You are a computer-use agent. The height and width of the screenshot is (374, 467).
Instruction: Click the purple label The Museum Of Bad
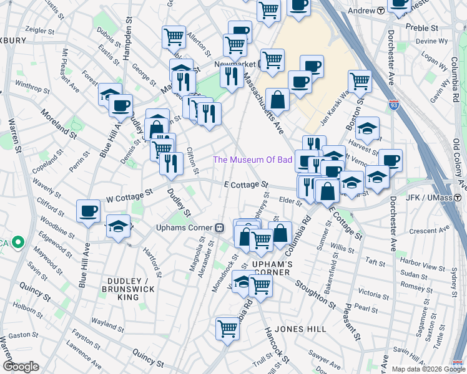pyautogui.click(x=253, y=160)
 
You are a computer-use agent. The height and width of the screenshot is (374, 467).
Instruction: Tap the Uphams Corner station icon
pyautogui.click(x=220, y=228)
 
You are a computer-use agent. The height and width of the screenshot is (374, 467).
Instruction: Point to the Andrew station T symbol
pyautogui.click(x=381, y=11)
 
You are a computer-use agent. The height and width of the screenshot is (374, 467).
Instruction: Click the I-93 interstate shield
pyautogui.click(x=394, y=105)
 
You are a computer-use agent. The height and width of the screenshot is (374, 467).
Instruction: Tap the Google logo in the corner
pyautogui.click(x=21, y=367)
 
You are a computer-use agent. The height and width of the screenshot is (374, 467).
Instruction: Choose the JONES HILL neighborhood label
pyautogui.click(x=298, y=328)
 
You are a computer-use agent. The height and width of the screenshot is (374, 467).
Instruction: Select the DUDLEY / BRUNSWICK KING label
pyautogui.click(x=129, y=289)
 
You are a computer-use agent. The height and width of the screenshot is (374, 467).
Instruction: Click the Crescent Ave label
pyautogui.click(x=431, y=231)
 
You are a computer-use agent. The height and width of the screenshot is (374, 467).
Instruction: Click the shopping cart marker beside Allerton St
pyautogui.click(x=173, y=36)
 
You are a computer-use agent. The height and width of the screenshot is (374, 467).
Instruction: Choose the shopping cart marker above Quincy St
pyautogui.click(x=228, y=328)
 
